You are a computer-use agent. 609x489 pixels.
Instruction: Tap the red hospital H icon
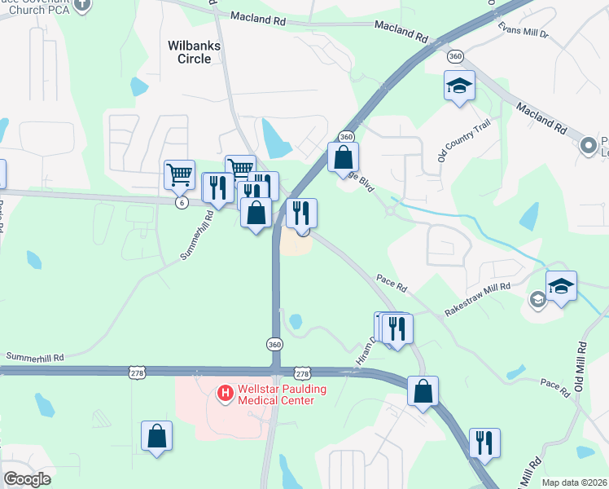pos(226,394)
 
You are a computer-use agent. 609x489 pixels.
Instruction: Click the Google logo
pos(27,479)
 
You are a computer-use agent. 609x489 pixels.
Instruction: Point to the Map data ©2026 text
pos(574,482)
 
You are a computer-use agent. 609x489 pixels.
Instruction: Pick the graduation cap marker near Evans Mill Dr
pos(459,86)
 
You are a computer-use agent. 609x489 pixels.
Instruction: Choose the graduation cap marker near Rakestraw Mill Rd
pos(561,287)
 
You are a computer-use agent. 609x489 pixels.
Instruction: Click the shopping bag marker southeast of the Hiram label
pos(423,391)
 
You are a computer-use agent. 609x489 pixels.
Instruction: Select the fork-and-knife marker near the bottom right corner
pos(484,444)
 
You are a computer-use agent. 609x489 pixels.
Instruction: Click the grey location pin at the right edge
pos(588,147)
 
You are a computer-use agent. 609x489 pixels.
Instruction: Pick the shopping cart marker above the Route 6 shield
pos(179,174)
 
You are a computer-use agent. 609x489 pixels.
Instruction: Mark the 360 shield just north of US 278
pos(275,345)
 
